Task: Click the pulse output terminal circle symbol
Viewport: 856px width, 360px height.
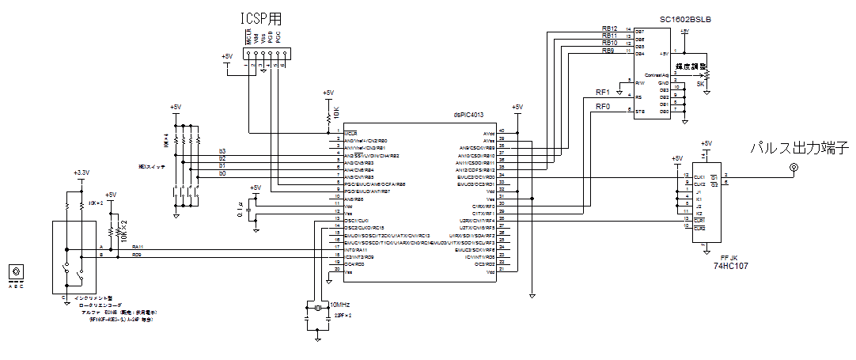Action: (794, 168)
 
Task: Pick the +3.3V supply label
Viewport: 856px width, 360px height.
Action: (81, 172)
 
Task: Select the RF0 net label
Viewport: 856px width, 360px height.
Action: (604, 106)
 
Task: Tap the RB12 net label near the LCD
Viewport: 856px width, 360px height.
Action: (609, 28)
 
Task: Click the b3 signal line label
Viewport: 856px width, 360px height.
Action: (222, 150)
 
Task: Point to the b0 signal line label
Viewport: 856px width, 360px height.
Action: (222, 172)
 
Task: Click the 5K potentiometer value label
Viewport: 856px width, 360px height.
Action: (700, 83)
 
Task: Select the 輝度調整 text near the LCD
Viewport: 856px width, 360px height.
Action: (692, 66)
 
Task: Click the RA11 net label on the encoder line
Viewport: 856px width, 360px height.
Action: (137, 248)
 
